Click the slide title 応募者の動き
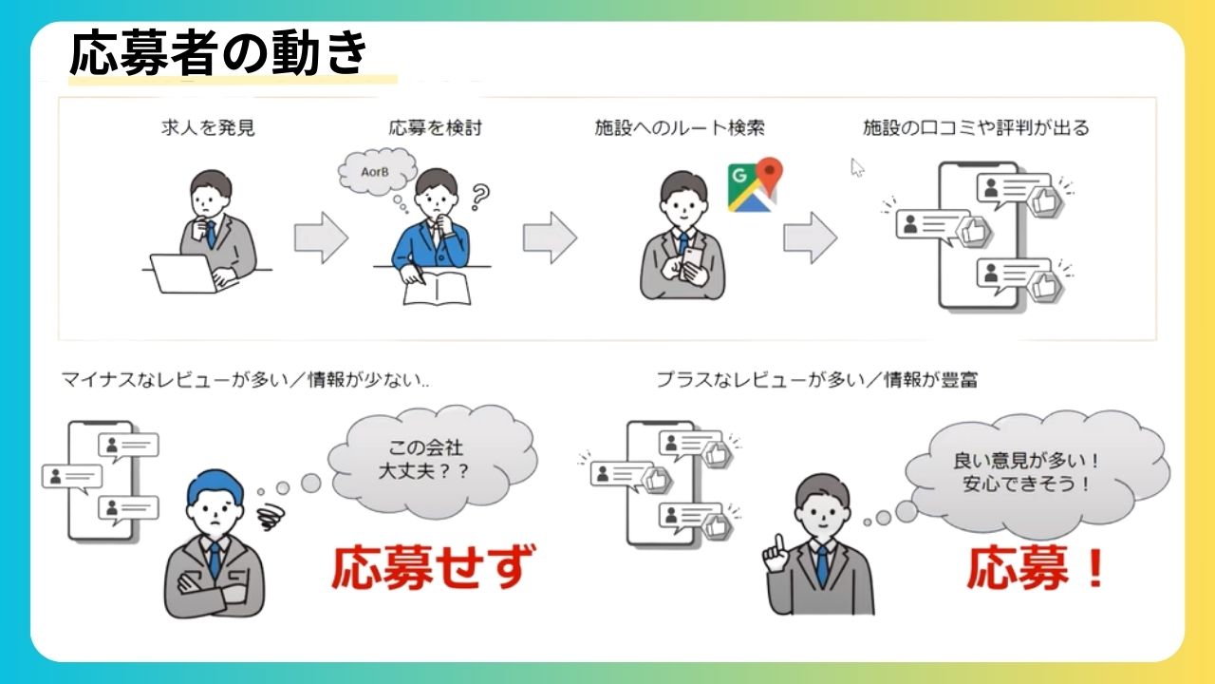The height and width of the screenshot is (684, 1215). [x=219, y=52]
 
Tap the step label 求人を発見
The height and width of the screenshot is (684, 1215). [x=208, y=128]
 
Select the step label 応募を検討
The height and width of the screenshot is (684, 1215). [x=435, y=128]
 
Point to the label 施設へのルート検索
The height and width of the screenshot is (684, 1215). [x=680, y=128]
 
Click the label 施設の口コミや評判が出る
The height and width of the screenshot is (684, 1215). [x=977, y=128]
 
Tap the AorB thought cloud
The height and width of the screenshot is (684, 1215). [x=378, y=172]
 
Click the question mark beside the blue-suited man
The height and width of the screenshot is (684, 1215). [x=480, y=197]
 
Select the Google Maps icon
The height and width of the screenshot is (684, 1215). [x=755, y=184]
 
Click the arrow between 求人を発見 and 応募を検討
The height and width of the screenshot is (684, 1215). [x=321, y=237]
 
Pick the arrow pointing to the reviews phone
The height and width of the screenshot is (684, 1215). [x=811, y=237]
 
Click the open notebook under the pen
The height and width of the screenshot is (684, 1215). [x=438, y=289]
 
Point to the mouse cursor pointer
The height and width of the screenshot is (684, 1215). [x=857, y=167]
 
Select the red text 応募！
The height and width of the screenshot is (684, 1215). [x=1036, y=568]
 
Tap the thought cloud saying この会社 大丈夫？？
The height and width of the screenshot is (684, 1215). [x=432, y=462]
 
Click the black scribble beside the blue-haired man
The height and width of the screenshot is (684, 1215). [x=271, y=516]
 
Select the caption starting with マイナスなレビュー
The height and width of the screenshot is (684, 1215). [x=245, y=379]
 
